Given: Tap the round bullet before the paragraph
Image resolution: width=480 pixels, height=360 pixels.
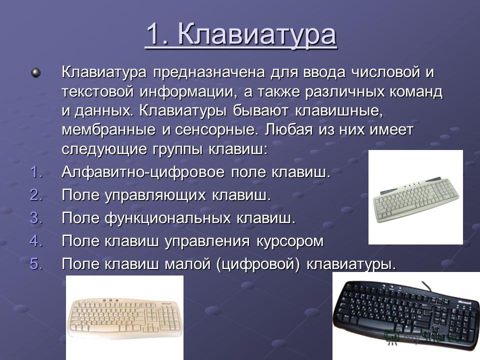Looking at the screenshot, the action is pos(36,73).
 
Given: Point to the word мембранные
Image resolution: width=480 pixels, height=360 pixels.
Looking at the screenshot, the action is pos(108,130).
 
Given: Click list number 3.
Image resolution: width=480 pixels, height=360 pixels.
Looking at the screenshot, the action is pos(36,217).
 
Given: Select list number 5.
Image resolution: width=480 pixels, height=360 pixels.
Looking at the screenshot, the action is pos(36,263).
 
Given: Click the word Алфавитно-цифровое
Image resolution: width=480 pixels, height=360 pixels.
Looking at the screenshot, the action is pos(143,172).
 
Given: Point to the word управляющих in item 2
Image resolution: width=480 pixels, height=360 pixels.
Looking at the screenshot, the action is pos(155,195).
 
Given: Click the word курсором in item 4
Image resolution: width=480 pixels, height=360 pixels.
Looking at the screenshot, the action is pos(289,241).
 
